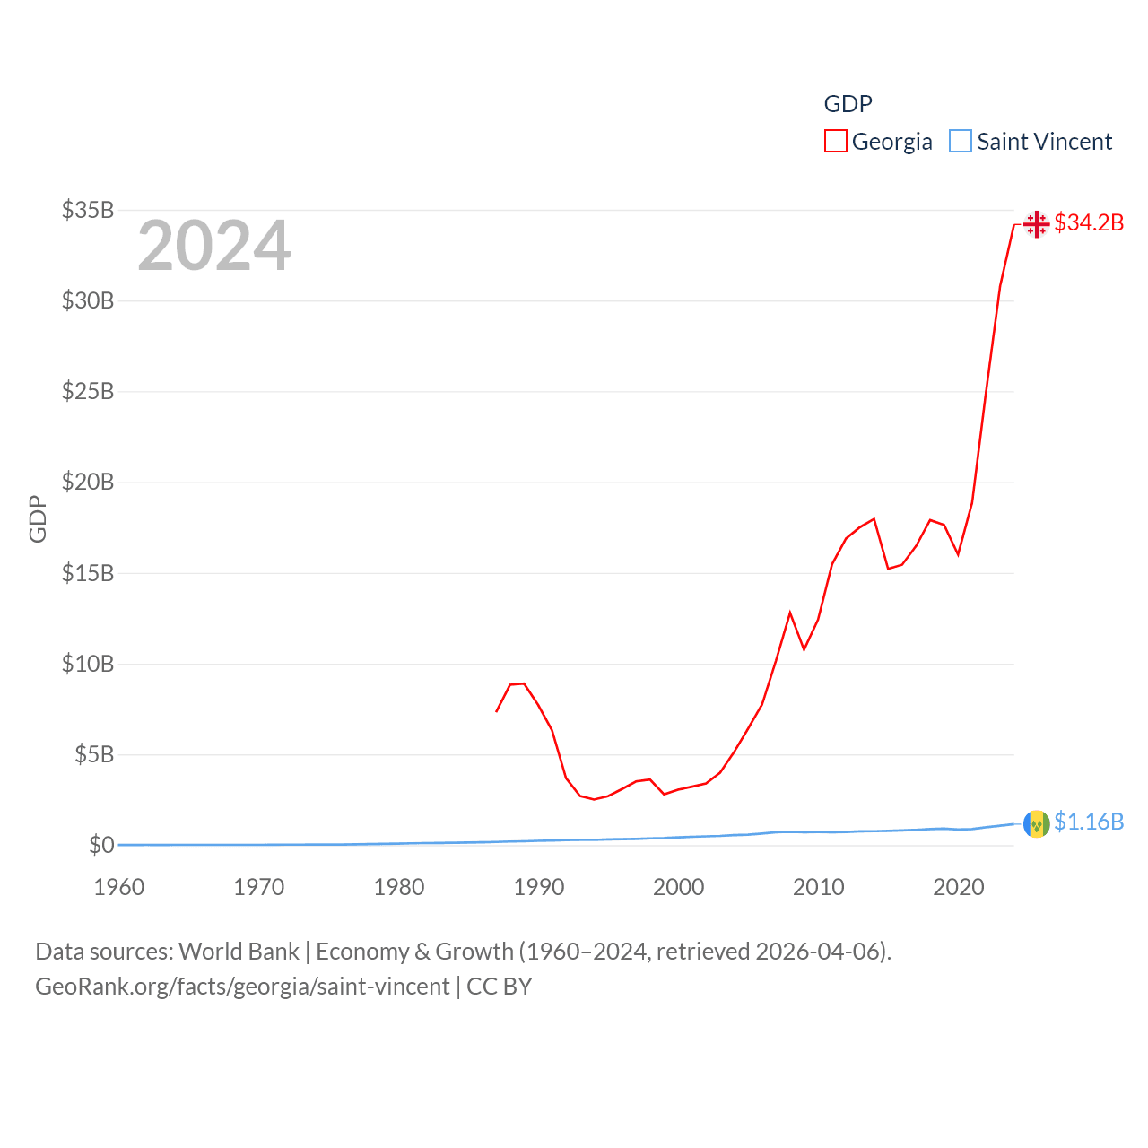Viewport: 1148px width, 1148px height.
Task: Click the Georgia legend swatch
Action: coord(835,142)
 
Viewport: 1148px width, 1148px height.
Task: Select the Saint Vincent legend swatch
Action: coord(960,142)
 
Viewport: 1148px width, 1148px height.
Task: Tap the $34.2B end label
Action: coord(1089,222)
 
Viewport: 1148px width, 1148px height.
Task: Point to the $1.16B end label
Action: coord(1089,822)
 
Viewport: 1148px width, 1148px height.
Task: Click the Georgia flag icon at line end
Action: coord(1036,223)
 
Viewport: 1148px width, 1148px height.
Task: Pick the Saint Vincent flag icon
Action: coord(1036,822)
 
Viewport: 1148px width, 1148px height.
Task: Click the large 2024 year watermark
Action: coord(213,246)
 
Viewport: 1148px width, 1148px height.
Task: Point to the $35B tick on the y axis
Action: coord(88,210)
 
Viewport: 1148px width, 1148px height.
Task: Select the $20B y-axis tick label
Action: coord(88,483)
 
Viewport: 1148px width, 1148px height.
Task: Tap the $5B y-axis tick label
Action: coord(94,754)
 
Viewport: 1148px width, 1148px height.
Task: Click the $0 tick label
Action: coord(101,845)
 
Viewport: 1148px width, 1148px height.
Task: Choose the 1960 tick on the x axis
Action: coord(119,887)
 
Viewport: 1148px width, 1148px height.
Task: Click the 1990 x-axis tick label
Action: coord(539,887)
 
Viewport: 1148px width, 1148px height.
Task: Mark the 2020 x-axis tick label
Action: coord(959,887)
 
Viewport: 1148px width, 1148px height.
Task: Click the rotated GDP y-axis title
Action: coord(38,518)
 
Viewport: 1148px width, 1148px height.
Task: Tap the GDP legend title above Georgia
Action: coord(848,104)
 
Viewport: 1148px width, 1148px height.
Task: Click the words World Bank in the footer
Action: coord(239,951)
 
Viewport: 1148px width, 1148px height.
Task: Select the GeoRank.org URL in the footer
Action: coord(242,987)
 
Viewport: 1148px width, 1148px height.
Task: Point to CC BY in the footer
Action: coord(500,987)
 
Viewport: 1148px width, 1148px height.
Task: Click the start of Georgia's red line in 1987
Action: coord(497,711)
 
